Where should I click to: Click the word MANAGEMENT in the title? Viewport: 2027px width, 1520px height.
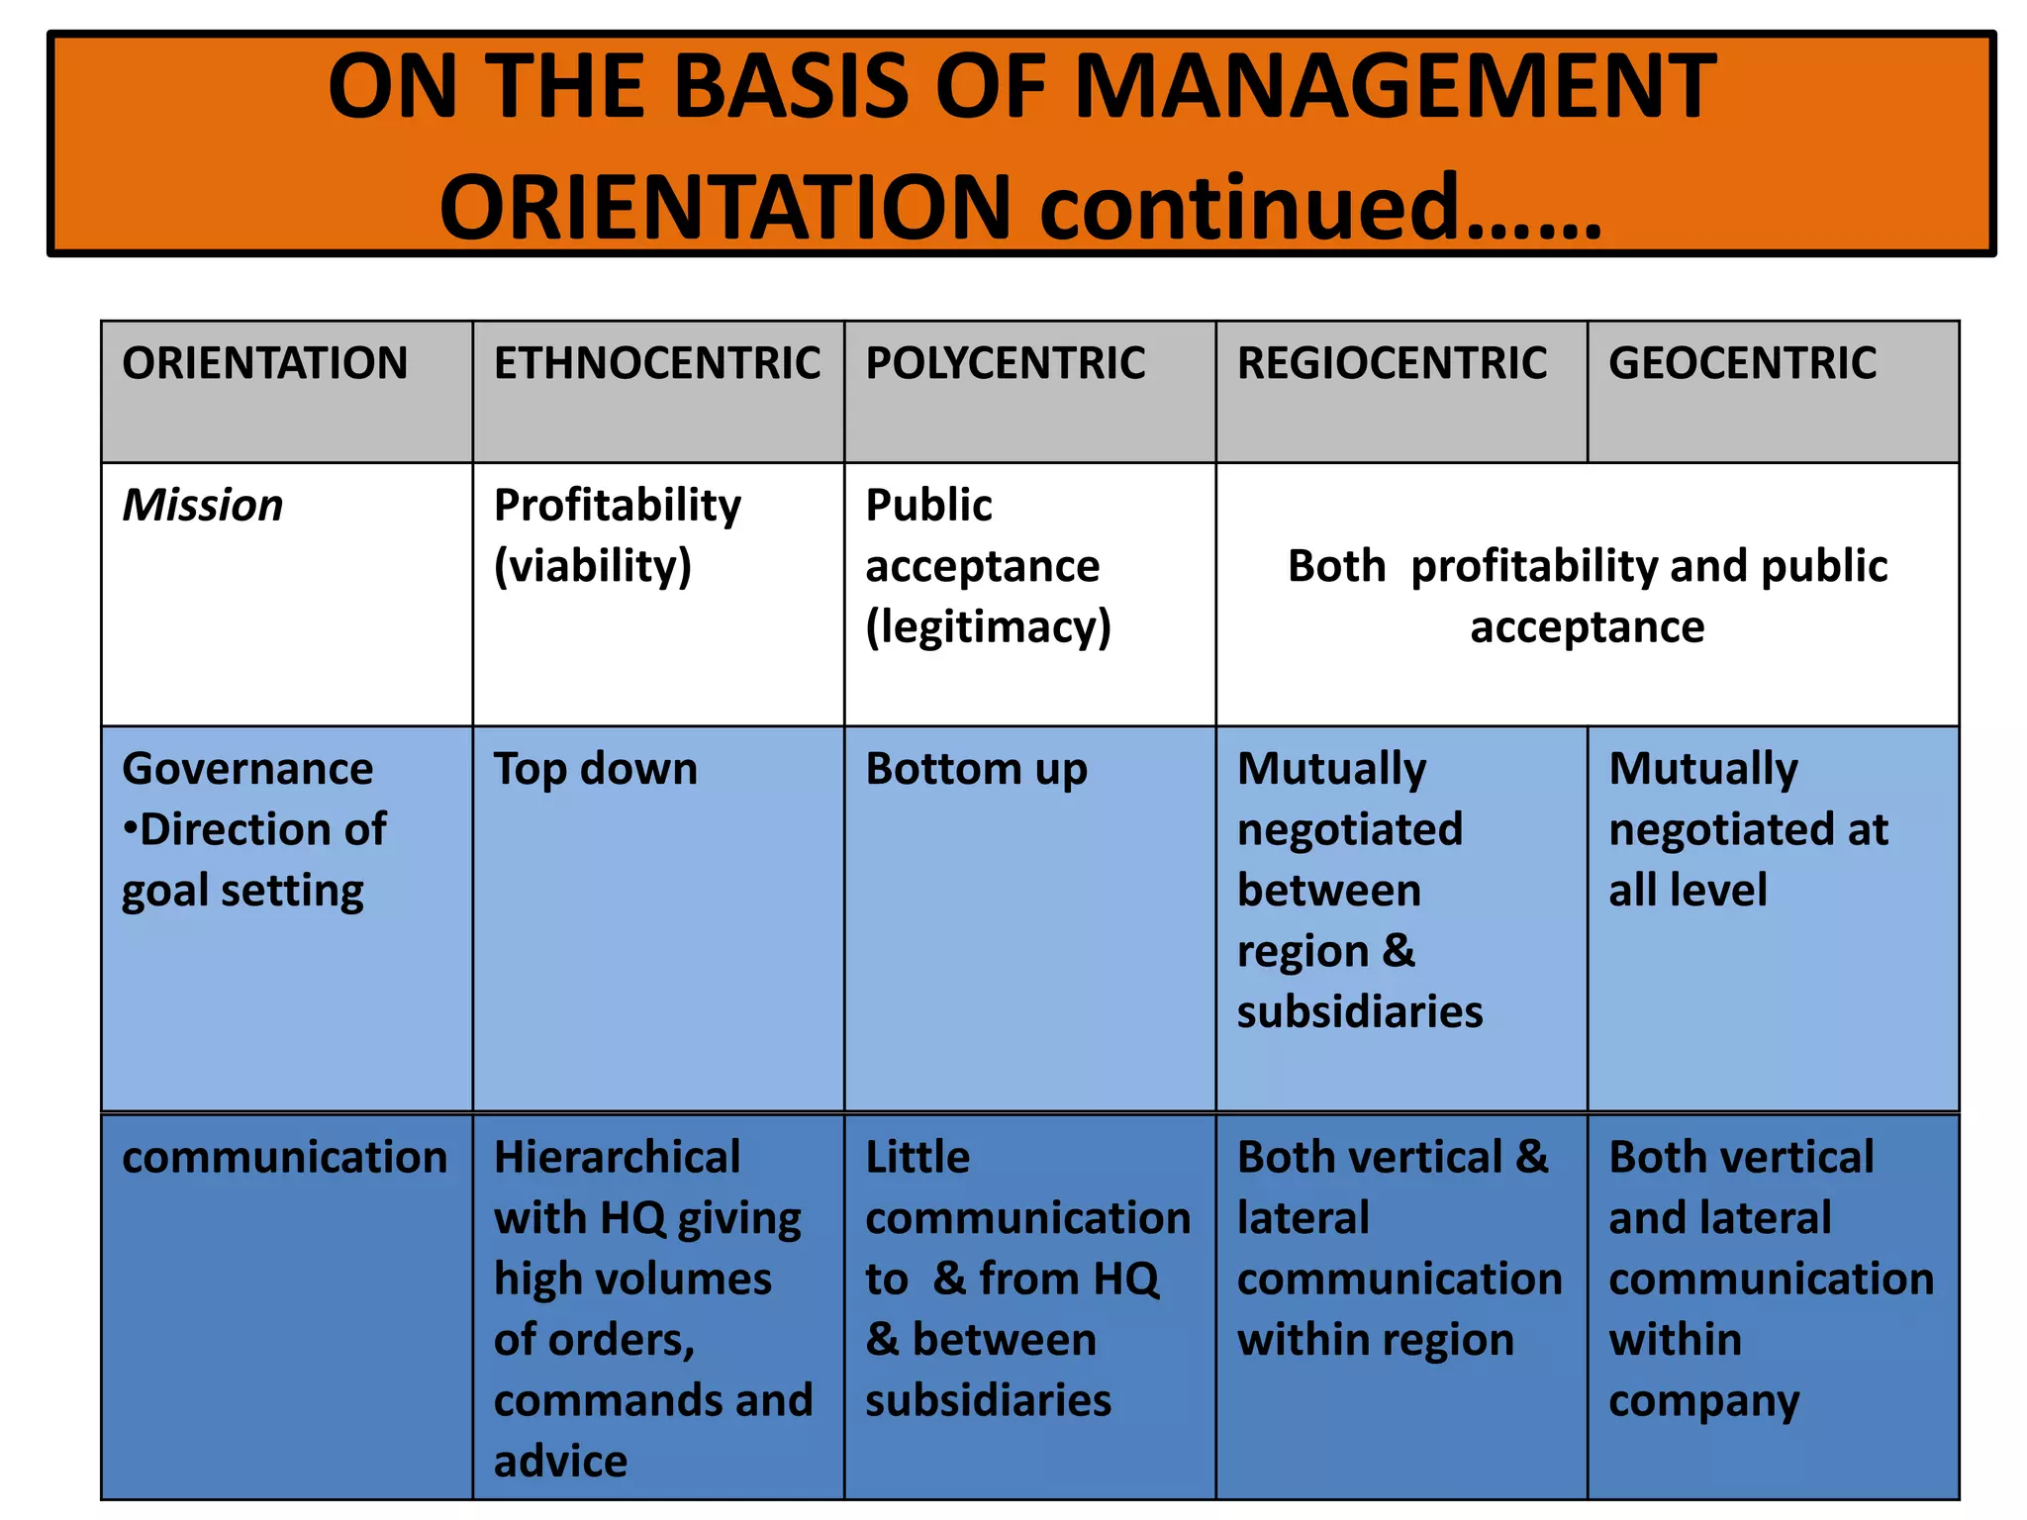[x=1396, y=87]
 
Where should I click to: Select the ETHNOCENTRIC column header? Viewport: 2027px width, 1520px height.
[x=657, y=363]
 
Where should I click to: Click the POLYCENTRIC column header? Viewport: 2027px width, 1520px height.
[x=1006, y=363]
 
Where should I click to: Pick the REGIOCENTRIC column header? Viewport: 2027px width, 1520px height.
[x=1392, y=363]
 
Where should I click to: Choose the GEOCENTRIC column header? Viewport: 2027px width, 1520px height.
[x=1742, y=363]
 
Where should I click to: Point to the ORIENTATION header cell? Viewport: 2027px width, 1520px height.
[x=264, y=363]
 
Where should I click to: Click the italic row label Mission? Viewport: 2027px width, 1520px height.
[x=203, y=506]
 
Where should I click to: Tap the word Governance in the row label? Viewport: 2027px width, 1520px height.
[x=247, y=769]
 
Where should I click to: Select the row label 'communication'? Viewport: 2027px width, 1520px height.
[x=285, y=1158]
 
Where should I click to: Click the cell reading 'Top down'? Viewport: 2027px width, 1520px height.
[x=596, y=769]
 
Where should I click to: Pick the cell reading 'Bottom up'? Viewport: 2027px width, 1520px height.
[x=976, y=769]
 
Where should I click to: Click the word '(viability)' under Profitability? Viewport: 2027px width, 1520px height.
[x=593, y=567]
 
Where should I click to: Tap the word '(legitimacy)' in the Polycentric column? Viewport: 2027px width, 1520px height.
[x=988, y=627]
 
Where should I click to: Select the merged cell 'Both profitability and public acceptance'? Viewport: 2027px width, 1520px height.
[x=1588, y=596]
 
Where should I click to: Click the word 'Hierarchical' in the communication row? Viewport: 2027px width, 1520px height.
[x=617, y=1158]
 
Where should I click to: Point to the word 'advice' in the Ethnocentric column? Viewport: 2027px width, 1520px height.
[x=560, y=1462]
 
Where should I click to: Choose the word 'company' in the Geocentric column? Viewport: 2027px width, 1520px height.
[x=1703, y=1402]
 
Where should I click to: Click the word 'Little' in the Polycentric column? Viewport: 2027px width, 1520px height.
[x=917, y=1158]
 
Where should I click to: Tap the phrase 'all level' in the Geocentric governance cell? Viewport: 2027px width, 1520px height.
[x=1688, y=891]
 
